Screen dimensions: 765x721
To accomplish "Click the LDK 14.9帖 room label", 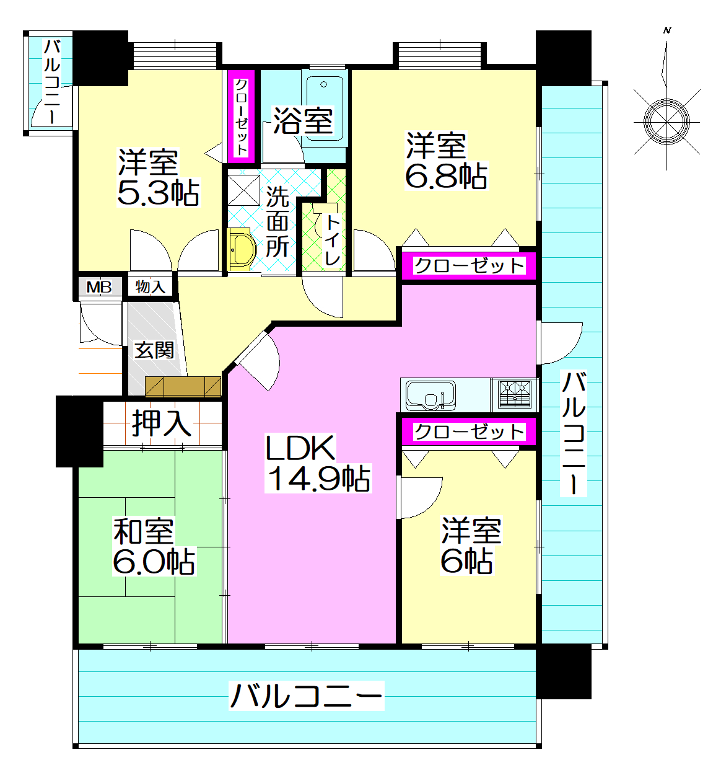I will point(318,464).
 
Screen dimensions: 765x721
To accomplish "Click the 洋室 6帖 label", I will point(470,546).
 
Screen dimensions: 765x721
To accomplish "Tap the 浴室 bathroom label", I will point(304,121).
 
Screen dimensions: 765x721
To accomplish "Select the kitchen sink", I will point(430,394).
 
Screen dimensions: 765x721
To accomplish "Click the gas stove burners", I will point(515,394).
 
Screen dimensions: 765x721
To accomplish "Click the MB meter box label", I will point(99,287).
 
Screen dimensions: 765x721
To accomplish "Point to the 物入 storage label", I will point(151,286).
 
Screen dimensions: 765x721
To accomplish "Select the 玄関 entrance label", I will point(154,350).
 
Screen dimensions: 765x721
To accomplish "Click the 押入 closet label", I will point(161,423).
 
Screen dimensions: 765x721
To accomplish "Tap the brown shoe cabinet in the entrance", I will point(183,386).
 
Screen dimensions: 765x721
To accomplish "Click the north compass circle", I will point(666,121).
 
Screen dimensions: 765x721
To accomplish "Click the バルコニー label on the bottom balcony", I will point(307,696).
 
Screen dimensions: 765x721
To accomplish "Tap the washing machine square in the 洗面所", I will point(244,188).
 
